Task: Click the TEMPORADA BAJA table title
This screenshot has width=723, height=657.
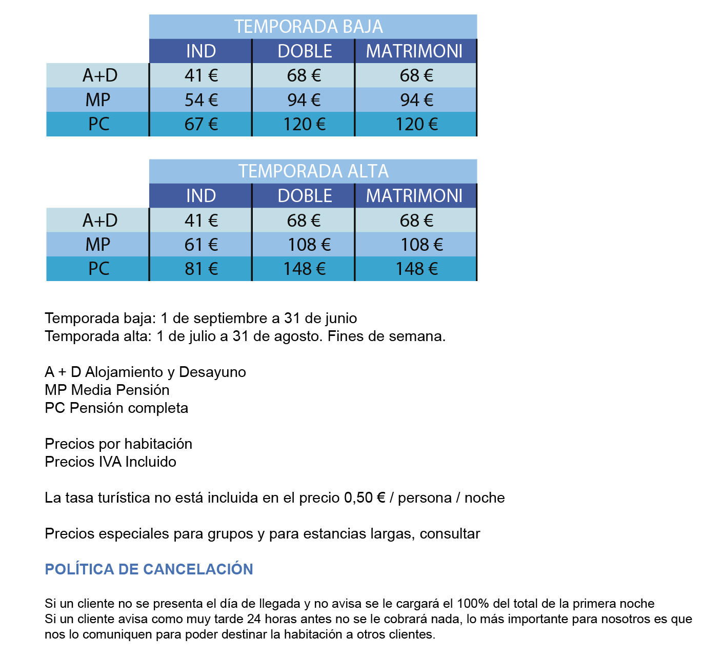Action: click(308, 27)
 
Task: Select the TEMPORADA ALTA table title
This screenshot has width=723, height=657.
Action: click(313, 171)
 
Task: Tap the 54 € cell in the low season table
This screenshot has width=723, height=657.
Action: click(201, 100)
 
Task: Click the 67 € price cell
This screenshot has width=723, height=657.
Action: click(201, 124)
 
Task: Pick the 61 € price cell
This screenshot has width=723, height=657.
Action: click(201, 245)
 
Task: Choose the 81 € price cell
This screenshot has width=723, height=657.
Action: click(201, 269)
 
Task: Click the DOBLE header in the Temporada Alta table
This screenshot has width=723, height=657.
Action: click(305, 196)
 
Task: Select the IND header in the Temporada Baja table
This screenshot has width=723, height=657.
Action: click(201, 51)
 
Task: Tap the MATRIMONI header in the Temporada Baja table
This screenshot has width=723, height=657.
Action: click(414, 51)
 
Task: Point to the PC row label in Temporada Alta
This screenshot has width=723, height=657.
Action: click(99, 269)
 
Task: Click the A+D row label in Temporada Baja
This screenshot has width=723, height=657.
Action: click(100, 76)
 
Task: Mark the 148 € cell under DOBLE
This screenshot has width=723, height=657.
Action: click(305, 269)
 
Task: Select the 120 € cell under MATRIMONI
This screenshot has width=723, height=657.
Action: click(416, 124)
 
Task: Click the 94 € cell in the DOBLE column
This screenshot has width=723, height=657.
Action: click(304, 100)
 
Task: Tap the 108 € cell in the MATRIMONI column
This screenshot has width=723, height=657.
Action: click(421, 245)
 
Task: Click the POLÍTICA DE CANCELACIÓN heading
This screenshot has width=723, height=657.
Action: click(149, 569)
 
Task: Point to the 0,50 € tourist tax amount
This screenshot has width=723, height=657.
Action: click(365, 498)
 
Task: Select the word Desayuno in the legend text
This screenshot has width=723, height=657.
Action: click(212, 372)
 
